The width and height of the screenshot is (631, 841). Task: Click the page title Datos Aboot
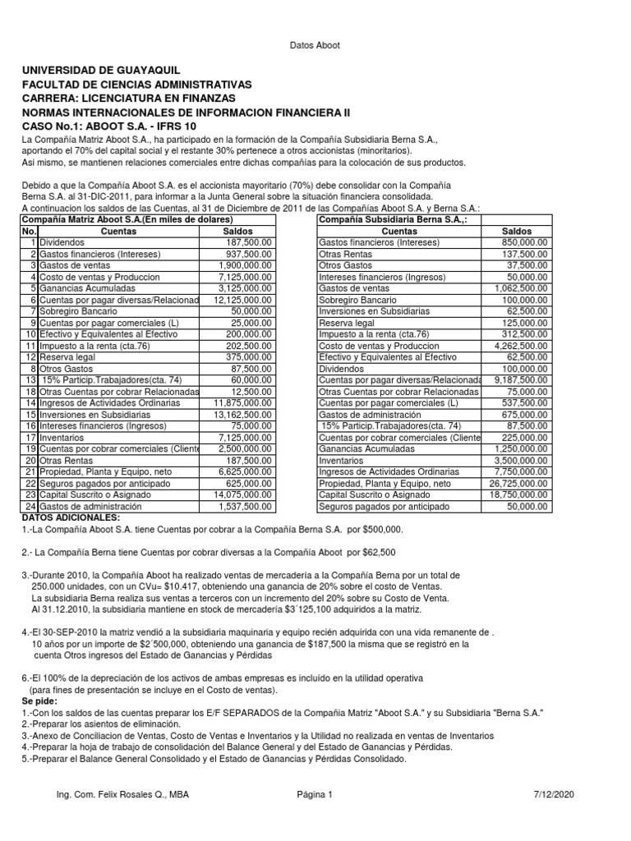pos(316,45)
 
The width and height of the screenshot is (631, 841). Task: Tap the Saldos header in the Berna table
pos(517,232)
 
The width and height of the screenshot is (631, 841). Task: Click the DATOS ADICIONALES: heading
pos(70,517)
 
